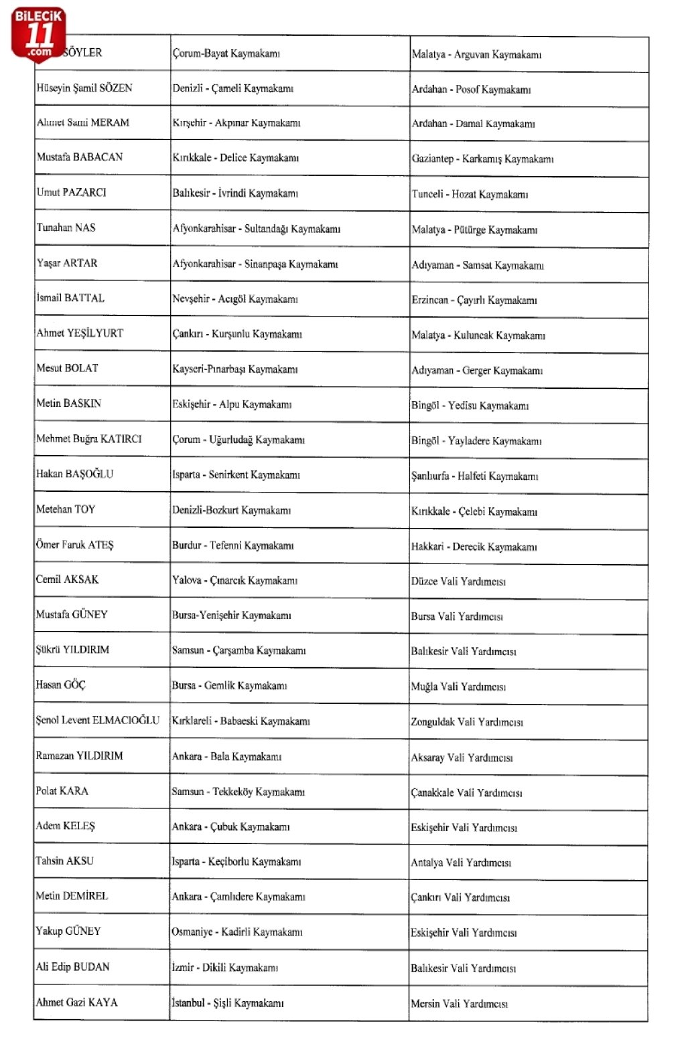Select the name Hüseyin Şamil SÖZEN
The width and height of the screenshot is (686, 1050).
point(84,88)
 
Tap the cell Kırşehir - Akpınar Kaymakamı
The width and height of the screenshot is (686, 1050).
point(236,123)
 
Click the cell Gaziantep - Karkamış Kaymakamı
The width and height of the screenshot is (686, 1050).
point(482,159)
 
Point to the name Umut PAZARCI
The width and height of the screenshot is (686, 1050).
point(72,192)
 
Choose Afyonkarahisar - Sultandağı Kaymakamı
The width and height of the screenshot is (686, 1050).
point(257,229)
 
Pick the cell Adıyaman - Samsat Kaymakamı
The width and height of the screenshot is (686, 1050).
point(478,265)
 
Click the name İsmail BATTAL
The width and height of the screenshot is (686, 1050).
point(70,298)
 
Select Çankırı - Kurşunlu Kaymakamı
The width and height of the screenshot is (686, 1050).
point(237,333)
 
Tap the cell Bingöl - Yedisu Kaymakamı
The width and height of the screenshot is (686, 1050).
point(470,406)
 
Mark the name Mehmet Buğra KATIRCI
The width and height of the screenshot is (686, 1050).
point(89,439)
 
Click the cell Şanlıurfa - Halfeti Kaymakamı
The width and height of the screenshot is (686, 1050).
point(474,476)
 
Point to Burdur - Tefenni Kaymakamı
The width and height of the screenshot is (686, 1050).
point(232,545)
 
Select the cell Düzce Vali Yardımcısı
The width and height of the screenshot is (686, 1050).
point(458,581)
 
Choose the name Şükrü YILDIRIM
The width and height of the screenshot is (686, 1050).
point(72,649)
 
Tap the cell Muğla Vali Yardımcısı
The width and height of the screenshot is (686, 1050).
point(458,687)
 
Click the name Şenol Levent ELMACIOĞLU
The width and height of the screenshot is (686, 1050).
point(98,720)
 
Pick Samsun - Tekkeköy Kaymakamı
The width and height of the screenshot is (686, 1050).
point(238,792)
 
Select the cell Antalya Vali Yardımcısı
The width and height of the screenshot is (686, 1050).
point(461,863)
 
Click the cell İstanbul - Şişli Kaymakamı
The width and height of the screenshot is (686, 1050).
point(228,1002)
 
